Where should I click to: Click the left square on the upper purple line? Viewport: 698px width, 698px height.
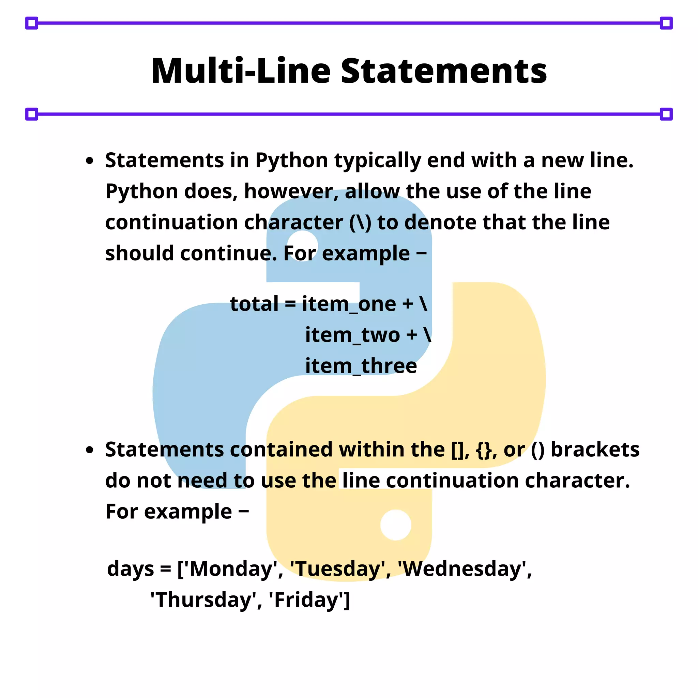pyautogui.click(x=32, y=23)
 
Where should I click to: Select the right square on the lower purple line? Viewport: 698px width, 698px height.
pyautogui.click(x=666, y=114)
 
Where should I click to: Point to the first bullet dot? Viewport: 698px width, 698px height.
pyautogui.click(x=90, y=161)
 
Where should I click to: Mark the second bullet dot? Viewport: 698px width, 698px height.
pyautogui.click(x=90, y=451)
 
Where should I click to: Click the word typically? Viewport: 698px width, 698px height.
pyautogui.click(x=378, y=161)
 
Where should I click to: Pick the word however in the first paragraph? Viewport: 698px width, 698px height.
pyautogui.click(x=291, y=192)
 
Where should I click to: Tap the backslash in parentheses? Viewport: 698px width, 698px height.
pyautogui.click(x=360, y=223)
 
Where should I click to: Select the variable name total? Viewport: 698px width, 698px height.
pyautogui.click(x=254, y=304)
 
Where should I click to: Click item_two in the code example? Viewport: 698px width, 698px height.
pyautogui.click(x=352, y=335)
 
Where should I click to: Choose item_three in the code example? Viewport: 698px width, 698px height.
pyautogui.click(x=361, y=366)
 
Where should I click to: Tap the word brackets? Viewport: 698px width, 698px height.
pyautogui.click(x=595, y=450)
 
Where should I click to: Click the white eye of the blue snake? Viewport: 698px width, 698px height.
pyautogui.click(x=302, y=246)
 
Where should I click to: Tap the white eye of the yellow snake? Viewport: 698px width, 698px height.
pyautogui.click(x=396, y=525)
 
